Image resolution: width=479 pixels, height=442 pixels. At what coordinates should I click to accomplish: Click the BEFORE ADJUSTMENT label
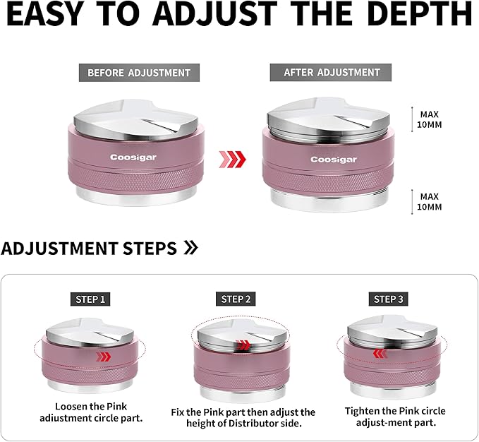coord(139,73)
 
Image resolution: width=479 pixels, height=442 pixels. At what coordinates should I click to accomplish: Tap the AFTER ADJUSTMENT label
coord(331,73)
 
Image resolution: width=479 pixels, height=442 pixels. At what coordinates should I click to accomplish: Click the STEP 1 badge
coord(90,299)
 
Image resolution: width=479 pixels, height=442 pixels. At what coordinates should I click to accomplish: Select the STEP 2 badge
coord(236,299)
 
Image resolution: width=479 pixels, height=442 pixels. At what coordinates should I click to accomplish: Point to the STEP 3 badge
coord(388,299)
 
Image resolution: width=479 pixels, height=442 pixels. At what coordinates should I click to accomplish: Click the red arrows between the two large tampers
coord(233,160)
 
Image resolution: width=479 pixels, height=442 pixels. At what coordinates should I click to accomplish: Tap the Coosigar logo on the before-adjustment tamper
coord(133,157)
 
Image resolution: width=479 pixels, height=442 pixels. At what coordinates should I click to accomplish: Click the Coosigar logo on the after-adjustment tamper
coord(334,160)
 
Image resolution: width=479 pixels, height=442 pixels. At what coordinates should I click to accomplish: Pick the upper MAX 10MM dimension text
coord(429,119)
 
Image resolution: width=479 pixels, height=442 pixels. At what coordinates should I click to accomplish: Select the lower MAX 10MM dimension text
coord(429,202)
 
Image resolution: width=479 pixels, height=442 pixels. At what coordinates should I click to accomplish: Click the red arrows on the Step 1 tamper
coord(103,357)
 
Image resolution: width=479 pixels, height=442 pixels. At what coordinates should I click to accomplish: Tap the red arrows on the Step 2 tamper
coord(243,345)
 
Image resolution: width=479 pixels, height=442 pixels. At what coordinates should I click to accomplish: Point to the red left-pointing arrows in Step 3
coord(380,354)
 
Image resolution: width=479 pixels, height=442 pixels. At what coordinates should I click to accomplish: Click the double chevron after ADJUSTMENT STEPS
coord(190,247)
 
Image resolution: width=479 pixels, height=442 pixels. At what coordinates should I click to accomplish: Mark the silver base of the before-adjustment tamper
coord(136,196)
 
